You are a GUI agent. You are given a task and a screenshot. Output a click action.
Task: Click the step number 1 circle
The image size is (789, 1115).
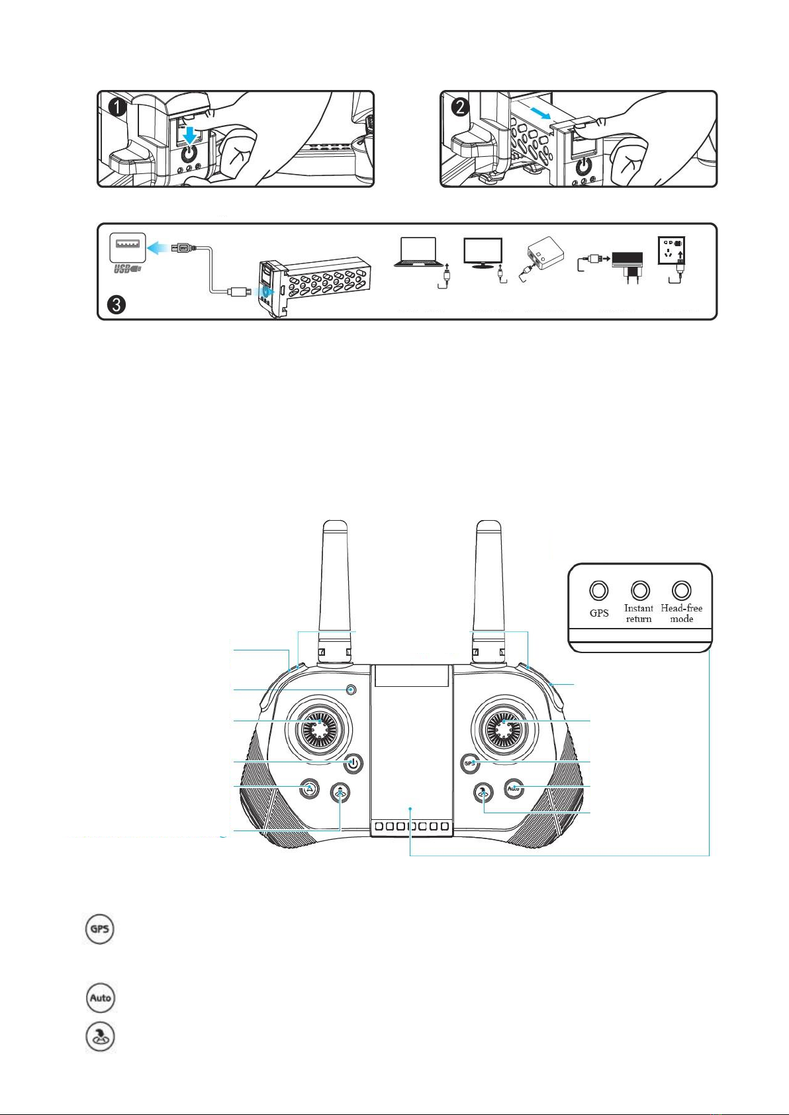[x=116, y=108]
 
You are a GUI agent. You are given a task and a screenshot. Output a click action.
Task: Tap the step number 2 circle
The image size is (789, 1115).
[x=460, y=107]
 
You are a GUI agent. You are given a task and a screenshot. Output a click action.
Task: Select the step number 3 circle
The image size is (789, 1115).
[x=116, y=304]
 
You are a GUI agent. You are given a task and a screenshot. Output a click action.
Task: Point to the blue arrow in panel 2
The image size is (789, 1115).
[x=539, y=112]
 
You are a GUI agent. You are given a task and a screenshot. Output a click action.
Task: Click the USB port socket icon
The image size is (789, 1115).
[x=128, y=247]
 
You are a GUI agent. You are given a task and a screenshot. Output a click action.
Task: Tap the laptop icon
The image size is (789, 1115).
[x=418, y=252]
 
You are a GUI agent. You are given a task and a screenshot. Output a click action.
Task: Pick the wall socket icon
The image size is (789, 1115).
[x=672, y=251]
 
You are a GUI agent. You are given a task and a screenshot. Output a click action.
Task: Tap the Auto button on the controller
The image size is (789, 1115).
[x=514, y=789]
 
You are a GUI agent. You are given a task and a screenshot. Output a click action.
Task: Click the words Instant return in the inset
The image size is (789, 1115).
[x=639, y=613]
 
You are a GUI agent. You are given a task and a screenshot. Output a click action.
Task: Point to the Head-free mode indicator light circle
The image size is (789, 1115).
[x=682, y=590]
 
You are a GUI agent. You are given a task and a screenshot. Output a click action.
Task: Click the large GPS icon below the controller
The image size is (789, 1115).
[x=99, y=929]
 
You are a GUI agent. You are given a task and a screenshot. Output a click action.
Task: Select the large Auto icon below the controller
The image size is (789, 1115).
[x=100, y=998]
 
